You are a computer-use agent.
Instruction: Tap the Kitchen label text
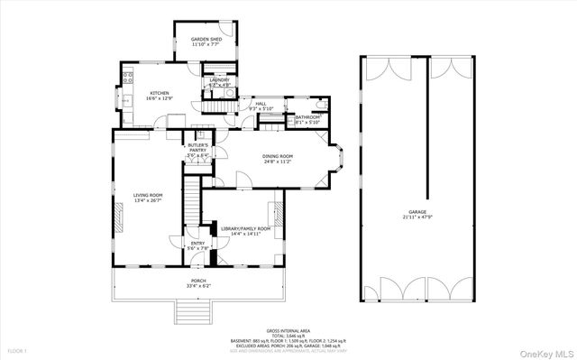pos(160,92)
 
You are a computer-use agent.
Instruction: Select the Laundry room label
pos(219,80)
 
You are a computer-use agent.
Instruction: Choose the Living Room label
pos(148,195)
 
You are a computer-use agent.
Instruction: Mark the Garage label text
pos(416,211)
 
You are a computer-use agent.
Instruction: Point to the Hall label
pos(261,104)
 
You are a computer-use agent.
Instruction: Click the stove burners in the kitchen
pos(127,77)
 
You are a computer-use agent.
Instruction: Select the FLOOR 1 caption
pos(16,349)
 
